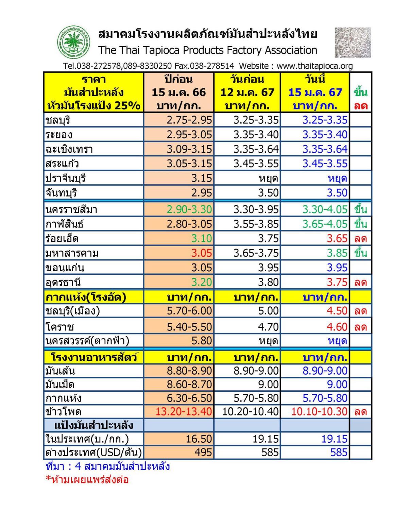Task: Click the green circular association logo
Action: coord(73,42)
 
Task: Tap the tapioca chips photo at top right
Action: coord(353,42)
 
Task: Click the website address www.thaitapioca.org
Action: coord(315,66)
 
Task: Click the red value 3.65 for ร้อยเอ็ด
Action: coord(337,238)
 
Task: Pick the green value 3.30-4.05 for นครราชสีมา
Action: coord(325,209)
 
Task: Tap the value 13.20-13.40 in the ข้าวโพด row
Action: coord(184,411)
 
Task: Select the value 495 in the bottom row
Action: coord(203,452)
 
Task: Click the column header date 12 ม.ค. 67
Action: coord(247,92)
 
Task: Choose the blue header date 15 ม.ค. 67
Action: coord(315,92)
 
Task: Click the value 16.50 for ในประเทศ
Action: coord(199,439)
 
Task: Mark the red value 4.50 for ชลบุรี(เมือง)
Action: coord(337,311)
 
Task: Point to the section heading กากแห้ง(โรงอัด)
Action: coord(86,297)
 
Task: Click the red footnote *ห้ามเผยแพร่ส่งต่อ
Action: coord(87,479)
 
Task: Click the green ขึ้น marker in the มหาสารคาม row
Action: coord(360,253)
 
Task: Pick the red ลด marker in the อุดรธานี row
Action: coord(360,283)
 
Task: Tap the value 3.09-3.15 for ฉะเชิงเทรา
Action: coord(189,149)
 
